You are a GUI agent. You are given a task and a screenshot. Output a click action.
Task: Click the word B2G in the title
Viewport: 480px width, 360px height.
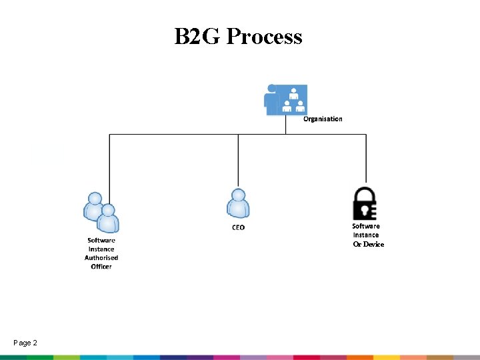[x=197, y=36]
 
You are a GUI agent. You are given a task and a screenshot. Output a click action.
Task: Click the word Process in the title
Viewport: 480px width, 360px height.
[x=264, y=36]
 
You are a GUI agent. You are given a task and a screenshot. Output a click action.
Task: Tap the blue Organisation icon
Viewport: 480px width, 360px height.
[x=286, y=100]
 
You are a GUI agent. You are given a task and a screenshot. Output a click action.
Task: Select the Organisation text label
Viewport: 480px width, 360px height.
[x=323, y=119]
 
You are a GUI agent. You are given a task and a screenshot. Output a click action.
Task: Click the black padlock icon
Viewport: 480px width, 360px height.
[x=365, y=203]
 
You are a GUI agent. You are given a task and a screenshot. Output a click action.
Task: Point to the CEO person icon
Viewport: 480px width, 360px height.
[x=238, y=203]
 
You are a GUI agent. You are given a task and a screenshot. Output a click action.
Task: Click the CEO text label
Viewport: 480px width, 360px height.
[x=238, y=227]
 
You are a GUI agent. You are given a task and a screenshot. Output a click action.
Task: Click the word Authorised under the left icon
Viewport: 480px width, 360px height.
[x=101, y=258]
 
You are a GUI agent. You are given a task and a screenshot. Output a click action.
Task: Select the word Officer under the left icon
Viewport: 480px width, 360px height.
[x=101, y=267]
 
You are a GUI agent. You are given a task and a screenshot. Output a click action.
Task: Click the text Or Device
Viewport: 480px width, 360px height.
[x=369, y=244]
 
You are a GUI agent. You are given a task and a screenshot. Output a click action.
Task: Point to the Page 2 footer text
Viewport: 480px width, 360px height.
[x=25, y=343]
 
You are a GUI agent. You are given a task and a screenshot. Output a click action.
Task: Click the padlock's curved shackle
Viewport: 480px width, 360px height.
[x=365, y=193]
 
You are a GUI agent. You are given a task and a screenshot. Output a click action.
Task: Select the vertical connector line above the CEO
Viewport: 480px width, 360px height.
[x=238, y=160]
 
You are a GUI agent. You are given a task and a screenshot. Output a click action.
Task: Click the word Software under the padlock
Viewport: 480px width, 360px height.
[x=366, y=226]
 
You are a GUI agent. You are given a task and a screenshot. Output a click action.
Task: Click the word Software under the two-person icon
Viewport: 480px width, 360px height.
[x=101, y=241]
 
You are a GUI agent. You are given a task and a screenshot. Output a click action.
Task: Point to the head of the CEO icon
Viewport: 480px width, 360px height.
[x=238, y=195]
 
